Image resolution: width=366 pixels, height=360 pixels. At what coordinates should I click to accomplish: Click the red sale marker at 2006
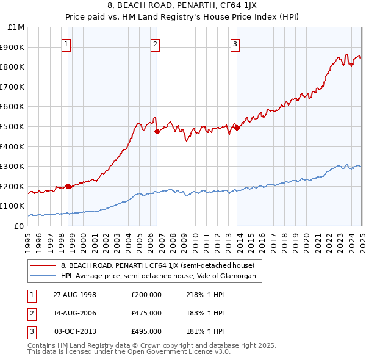[157, 131]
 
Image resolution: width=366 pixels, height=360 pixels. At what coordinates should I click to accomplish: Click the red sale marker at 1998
[68, 186]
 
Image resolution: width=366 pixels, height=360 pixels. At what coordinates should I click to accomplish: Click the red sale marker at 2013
[237, 128]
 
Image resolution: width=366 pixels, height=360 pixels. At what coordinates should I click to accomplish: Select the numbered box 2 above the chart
[155, 43]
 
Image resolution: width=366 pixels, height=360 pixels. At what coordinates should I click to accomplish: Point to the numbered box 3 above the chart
[235, 43]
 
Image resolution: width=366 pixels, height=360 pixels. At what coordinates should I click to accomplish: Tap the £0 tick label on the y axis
[19, 226]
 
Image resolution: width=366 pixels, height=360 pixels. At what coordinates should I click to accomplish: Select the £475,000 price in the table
[146, 313]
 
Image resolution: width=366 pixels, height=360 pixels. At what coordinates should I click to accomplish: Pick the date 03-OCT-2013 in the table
[76, 331]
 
